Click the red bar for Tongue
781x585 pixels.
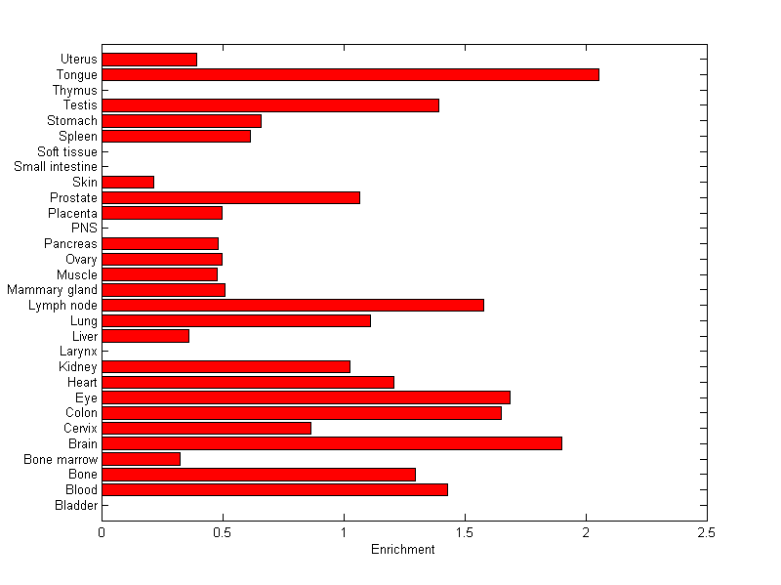coord(349,75)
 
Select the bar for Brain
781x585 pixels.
coord(331,443)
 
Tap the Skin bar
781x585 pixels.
coord(128,182)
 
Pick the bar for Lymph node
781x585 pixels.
coord(292,305)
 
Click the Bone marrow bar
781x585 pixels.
coord(141,459)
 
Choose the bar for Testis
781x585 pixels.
coord(269,105)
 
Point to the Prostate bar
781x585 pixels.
coord(230,197)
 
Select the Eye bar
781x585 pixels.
coord(306,397)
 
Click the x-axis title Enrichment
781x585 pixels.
coord(403,550)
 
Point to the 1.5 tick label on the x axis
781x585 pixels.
coord(465,533)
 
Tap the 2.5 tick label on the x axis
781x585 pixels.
coord(707,533)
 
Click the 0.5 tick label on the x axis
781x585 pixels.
coord(223,533)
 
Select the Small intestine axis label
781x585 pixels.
coord(56,167)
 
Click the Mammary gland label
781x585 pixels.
coord(52,290)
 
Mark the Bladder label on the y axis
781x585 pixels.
coord(76,505)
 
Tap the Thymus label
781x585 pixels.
coord(75,91)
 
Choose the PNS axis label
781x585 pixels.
coord(84,229)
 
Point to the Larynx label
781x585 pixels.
coord(78,352)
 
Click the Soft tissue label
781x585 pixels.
coord(67,151)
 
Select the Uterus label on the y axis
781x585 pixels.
coord(78,60)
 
